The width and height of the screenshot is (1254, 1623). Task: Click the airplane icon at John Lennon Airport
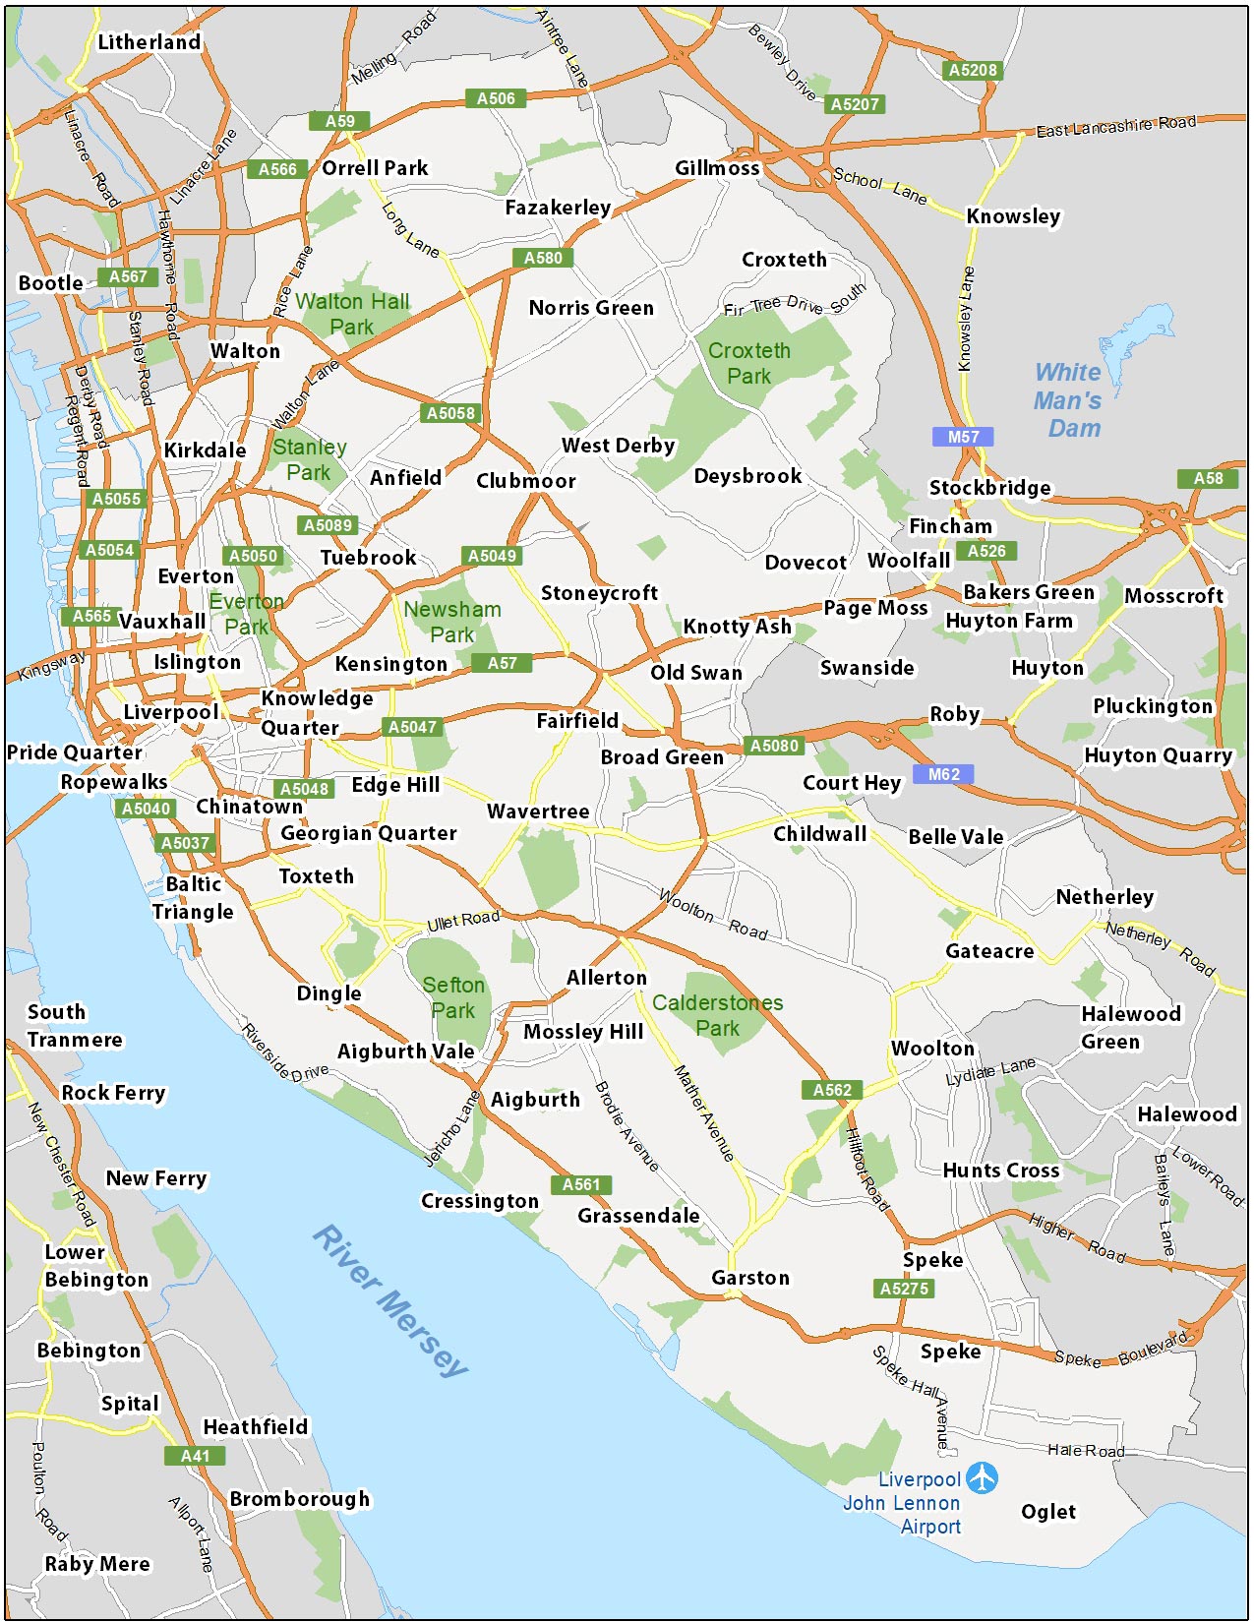(982, 1477)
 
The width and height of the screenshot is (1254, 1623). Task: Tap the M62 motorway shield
(943, 774)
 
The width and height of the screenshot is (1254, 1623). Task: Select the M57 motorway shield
(963, 437)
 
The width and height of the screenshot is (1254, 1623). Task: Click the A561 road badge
(580, 1184)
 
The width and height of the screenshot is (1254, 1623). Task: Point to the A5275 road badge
(903, 1289)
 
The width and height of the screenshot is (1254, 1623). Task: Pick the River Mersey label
(390, 1300)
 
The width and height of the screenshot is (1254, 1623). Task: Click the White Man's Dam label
(1068, 400)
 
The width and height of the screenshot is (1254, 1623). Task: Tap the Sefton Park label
(452, 997)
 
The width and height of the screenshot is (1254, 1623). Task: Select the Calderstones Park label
(717, 1015)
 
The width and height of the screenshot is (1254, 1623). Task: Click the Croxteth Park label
(748, 363)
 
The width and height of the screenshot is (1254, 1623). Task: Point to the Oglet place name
(1047, 1512)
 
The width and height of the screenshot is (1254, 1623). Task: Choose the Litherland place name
(149, 42)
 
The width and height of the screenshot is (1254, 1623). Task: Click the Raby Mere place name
(97, 1564)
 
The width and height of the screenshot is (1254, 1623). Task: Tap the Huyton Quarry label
(1158, 755)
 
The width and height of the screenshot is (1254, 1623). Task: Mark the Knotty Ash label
(737, 627)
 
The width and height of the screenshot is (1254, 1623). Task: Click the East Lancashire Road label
(1115, 126)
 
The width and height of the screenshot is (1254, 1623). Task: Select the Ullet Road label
(463, 921)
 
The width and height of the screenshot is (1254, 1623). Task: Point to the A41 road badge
(195, 1456)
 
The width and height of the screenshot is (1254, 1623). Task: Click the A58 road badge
(1208, 478)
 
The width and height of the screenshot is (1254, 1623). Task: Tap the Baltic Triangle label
(193, 898)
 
